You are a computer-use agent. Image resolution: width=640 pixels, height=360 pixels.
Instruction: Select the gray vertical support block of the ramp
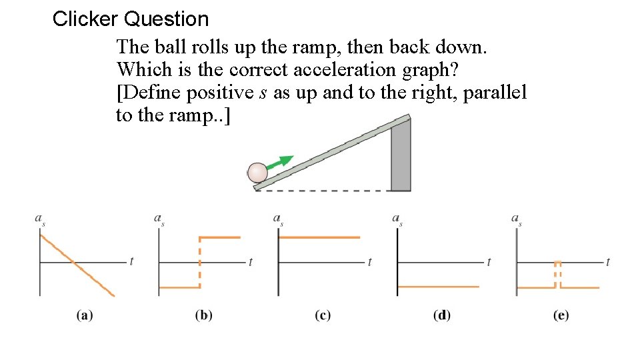[x=400, y=157]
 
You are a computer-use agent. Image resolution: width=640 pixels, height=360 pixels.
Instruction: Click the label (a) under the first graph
[x=84, y=315]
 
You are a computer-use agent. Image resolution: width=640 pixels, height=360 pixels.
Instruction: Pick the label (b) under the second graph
[x=203, y=315]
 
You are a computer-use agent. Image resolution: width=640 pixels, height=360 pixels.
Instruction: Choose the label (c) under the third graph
[x=323, y=315]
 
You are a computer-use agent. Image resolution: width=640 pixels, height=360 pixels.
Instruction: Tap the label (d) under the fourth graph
[x=441, y=315]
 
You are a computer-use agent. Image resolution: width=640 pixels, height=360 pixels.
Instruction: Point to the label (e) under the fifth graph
[x=561, y=315]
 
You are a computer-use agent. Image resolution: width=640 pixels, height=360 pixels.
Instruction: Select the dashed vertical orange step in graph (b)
[x=199, y=262]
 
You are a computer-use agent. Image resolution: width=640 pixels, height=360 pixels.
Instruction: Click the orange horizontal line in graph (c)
[x=319, y=237]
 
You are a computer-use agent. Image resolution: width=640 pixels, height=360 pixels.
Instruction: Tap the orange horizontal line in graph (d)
[x=438, y=287]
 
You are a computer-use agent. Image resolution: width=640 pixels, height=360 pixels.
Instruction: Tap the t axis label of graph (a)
[x=131, y=261]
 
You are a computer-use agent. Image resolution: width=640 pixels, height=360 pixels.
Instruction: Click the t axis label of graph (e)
[x=608, y=261]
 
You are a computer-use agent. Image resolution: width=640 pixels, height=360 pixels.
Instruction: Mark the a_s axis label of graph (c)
[x=278, y=219]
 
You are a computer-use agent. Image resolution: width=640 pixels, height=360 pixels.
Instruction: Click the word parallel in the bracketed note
[x=493, y=92]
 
